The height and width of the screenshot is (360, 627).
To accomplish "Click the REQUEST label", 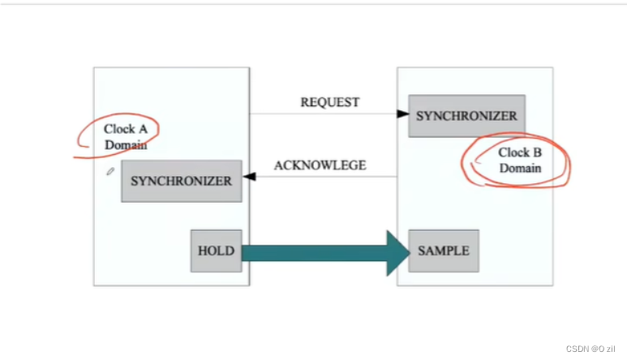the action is pyautogui.click(x=330, y=102).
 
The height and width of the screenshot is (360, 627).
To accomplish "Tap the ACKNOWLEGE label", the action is pyautogui.click(x=320, y=165).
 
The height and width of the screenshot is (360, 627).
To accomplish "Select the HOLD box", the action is pyautogui.click(x=217, y=251).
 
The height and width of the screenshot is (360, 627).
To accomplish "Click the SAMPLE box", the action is pyautogui.click(x=444, y=251).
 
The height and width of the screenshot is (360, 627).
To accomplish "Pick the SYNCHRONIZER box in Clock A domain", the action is pyautogui.click(x=182, y=181).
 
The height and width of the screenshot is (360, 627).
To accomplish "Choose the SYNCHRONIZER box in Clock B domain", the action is pyautogui.click(x=466, y=116).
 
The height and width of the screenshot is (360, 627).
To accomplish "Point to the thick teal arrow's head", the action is pyautogui.click(x=398, y=253).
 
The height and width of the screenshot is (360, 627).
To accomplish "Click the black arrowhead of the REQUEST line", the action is pyautogui.click(x=403, y=114).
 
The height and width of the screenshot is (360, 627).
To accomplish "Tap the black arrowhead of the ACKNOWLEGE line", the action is pyautogui.click(x=249, y=176).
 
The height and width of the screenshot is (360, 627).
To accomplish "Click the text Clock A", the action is pyautogui.click(x=126, y=129).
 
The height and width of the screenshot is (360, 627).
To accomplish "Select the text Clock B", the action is pyautogui.click(x=520, y=152).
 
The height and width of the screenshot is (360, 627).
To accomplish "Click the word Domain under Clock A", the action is pyautogui.click(x=126, y=144).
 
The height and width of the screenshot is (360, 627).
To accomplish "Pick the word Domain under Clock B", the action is pyautogui.click(x=520, y=168).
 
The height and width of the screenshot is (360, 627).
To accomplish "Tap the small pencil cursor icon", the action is pyautogui.click(x=110, y=171).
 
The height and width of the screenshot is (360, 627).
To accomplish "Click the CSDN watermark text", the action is pyautogui.click(x=590, y=349).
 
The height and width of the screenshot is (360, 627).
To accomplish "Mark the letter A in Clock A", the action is pyautogui.click(x=143, y=129).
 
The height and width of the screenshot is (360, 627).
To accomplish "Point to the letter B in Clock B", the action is pyautogui.click(x=538, y=152).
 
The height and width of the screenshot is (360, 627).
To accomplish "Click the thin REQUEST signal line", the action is pyautogui.click(x=323, y=114).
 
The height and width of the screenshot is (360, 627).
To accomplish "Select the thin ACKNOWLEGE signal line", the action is pyautogui.click(x=326, y=176).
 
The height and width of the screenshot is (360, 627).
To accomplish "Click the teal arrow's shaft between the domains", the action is pyautogui.click(x=314, y=253).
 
